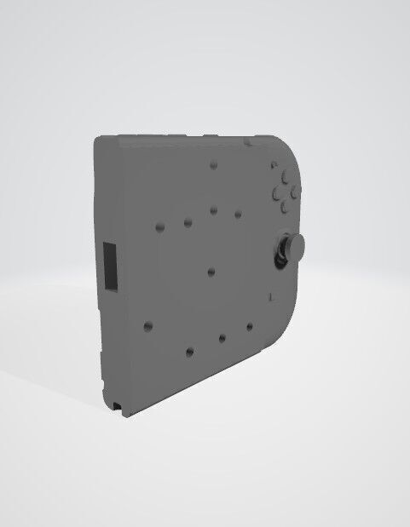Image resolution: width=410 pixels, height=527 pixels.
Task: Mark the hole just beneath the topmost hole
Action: tap(213, 209)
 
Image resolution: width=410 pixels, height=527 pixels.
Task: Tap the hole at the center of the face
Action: tap(211, 272)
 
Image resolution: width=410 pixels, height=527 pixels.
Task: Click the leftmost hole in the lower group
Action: tap(148, 326)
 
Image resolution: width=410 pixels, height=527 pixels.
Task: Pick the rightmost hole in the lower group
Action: tap(249, 325)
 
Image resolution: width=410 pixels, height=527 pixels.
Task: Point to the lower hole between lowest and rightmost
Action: tap(222, 338)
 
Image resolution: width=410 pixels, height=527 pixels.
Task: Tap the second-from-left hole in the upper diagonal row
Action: tap(187, 222)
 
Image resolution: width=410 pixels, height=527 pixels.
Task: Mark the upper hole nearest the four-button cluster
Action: tap(238, 214)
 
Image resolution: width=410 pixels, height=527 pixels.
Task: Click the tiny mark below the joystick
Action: tap(269, 295)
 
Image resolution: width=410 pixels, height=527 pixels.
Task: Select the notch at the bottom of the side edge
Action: tap(115, 401)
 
